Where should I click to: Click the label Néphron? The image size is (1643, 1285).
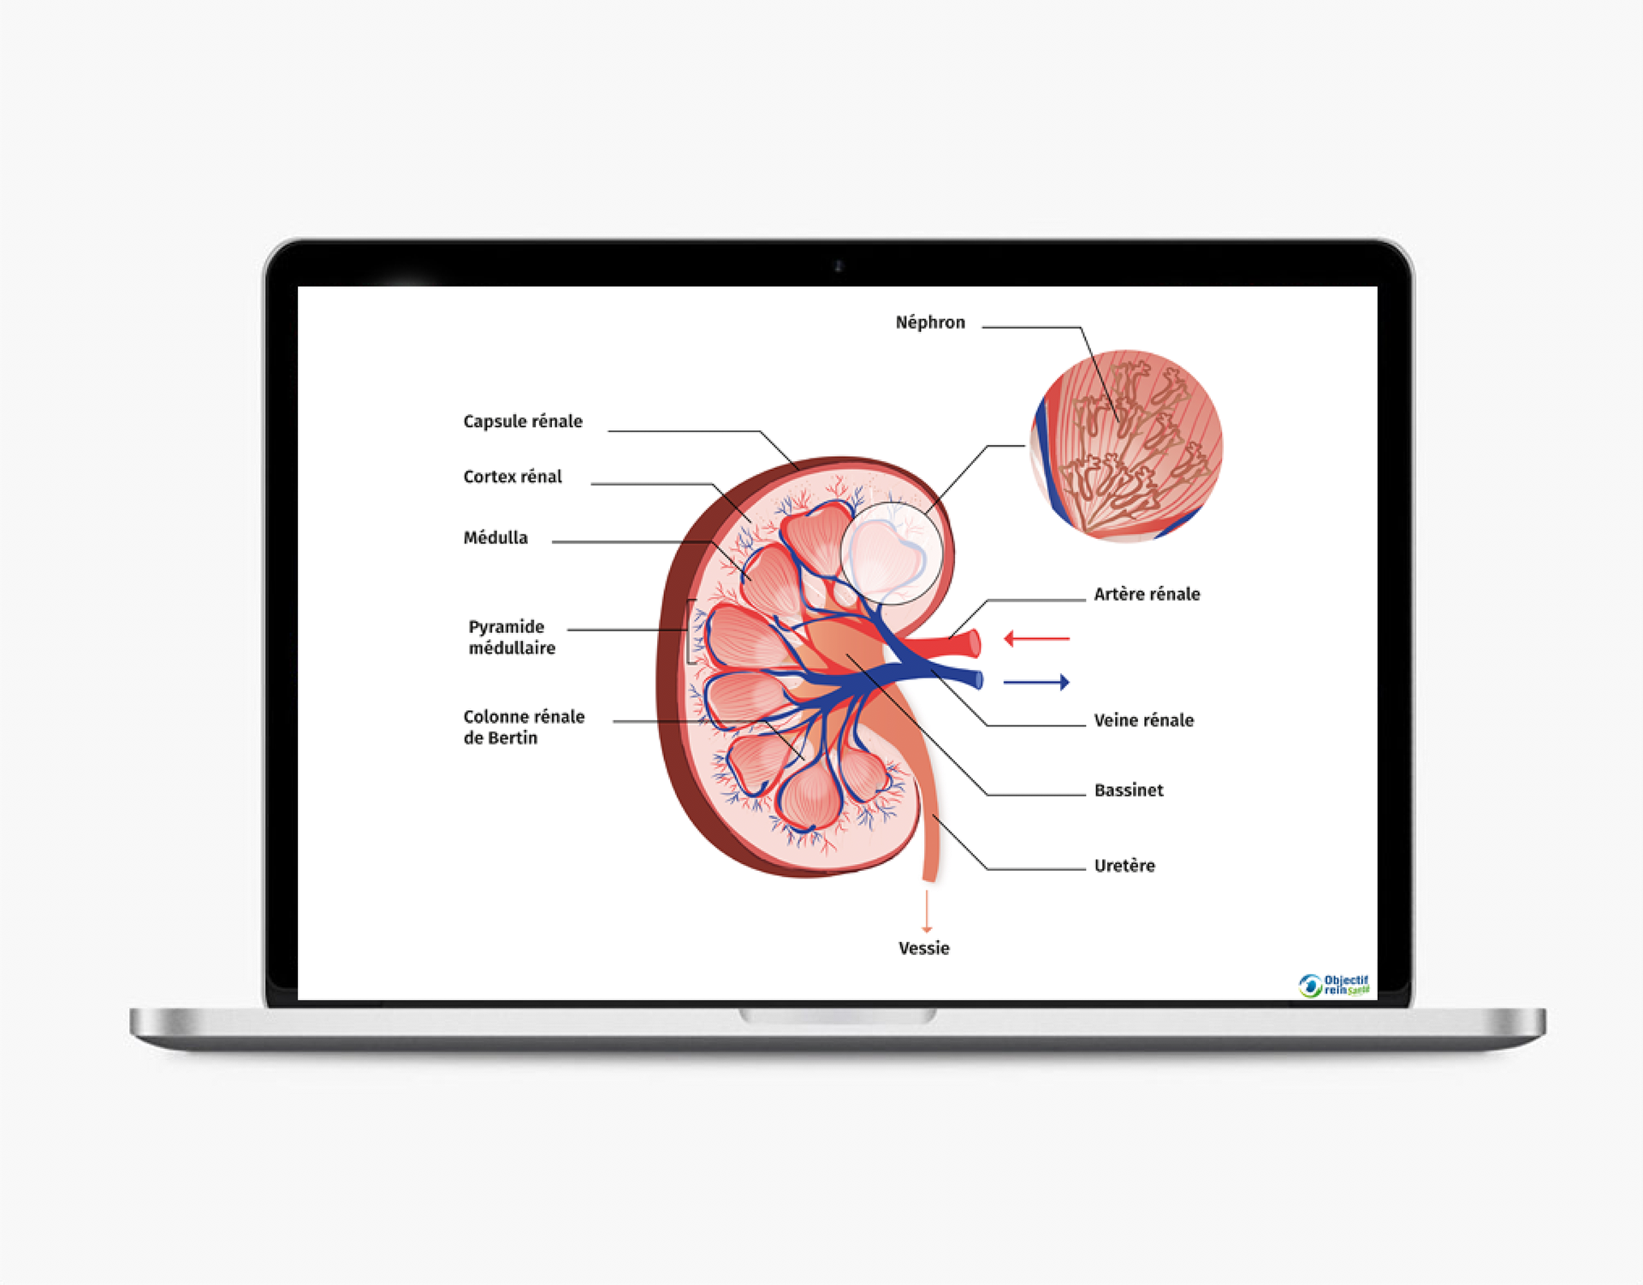click(929, 323)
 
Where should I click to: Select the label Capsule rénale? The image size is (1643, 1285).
click(522, 421)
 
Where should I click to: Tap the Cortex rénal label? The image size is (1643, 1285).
click(512, 477)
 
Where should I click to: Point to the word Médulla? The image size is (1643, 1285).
click(495, 537)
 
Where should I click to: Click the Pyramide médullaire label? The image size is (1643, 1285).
click(511, 637)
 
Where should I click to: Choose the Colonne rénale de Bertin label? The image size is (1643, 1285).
click(523, 726)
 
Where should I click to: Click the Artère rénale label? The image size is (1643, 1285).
click(1146, 594)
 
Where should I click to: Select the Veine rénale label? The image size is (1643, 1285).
click(1143, 720)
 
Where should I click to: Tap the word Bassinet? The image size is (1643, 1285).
click(1128, 790)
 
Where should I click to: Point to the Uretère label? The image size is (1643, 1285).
click(1124, 866)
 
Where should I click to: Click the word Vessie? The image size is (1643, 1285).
click(923, 948)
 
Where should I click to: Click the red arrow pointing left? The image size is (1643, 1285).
click(1035, 638)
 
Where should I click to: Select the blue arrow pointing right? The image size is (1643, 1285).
click(1036, 682)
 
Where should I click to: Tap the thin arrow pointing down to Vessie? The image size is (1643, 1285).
click(926, 911)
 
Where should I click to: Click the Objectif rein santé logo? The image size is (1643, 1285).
click(1333, 985)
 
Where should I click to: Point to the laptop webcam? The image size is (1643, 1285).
click(839, 266)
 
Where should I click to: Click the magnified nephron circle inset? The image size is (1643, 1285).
click(1126, 446)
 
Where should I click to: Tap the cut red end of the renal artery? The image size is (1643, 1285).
click(974, 643)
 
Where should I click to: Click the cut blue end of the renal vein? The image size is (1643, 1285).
click(978, 680)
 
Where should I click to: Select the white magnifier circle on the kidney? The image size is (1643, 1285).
click(892, 553)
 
